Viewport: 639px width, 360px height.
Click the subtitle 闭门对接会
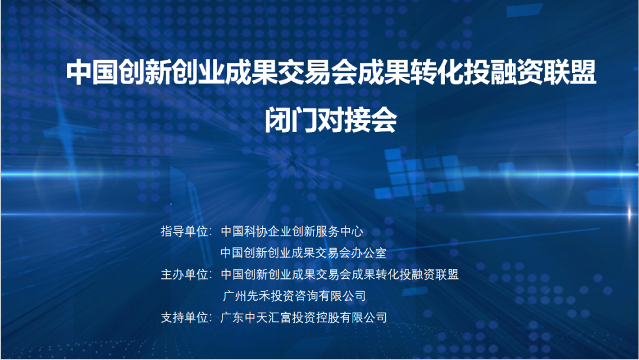331,120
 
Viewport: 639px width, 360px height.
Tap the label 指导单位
184,232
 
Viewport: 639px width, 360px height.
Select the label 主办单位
184,274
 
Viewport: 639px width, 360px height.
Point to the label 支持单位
184,317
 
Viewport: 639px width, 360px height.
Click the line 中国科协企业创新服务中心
292,232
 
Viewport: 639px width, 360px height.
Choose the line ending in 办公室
303,253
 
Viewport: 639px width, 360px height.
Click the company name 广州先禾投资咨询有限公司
294,295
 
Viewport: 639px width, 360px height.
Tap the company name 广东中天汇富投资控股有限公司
304,317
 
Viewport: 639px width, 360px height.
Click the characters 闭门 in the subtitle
291,120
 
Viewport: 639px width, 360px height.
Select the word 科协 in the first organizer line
256,232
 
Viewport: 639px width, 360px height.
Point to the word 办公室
369,253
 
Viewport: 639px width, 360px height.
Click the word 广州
234,295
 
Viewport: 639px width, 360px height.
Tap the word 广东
233,317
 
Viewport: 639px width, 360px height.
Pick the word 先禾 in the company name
259,295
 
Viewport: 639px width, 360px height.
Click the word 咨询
306,295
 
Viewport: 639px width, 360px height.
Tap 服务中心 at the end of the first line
340,232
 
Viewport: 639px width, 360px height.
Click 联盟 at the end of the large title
570,73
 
